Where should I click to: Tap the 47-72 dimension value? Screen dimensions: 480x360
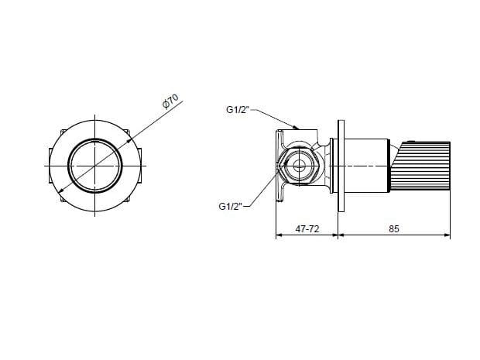click(x=307, y=228)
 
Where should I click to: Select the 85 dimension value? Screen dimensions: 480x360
click(x=394, y=228)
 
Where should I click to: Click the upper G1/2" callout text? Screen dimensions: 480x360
click(x=238, y=109)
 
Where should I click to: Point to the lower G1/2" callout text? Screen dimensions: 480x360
click(x=230, y=206)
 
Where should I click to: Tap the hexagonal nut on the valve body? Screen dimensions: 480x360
click(x=297, y=166)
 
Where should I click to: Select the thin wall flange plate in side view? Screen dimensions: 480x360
click(x=341, y=166)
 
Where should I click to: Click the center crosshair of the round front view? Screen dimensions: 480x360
click(x=95, y=166)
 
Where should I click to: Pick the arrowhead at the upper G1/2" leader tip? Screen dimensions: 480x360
click(x=296, y=126)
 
